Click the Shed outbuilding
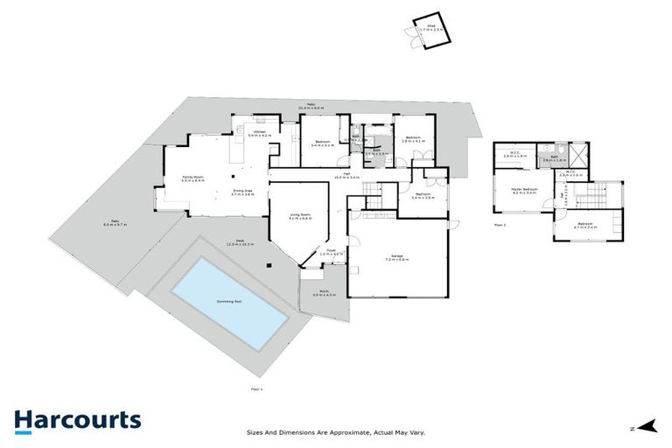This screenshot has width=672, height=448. pyautogui.click(x=427, y=30)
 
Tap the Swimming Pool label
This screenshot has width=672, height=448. pyautogui.click(x=229, y=301)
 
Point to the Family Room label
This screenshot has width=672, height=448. pyautogui.click(x=192, y=179)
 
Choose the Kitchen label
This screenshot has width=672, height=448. pyautogui.click(x=260, y=133)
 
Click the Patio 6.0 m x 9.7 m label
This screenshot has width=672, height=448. pyautogui.click(x=115, y=223)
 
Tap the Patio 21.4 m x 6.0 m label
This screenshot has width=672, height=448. pyautogui.click(x=310, y=106)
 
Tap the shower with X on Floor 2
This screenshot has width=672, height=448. pyautogui.click(x=579, y=155)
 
